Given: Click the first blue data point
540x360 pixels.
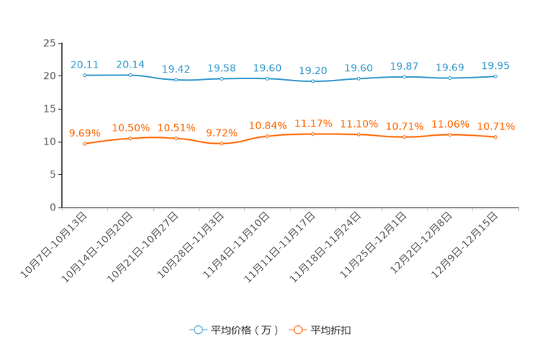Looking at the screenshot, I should coord(85,75).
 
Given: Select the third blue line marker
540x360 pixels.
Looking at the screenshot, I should coord(176,79).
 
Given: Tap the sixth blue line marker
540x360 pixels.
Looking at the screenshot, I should coord(313,81).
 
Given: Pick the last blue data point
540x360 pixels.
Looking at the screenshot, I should coord(496,75).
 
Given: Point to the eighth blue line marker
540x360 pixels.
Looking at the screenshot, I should coord(404,76).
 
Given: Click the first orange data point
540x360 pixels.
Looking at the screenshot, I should coord(85,144).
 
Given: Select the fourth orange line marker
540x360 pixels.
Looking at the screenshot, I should coord(222,144).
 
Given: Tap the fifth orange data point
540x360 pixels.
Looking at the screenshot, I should coord(268,136).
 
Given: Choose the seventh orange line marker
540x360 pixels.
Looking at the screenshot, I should coord(359,134).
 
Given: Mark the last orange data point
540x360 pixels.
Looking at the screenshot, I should coord(496,136).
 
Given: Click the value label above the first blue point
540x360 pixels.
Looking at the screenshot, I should coord(84,65).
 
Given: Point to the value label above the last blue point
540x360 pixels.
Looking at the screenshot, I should coord(496,65).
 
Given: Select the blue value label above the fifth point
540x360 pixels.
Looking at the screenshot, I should coord(267,67).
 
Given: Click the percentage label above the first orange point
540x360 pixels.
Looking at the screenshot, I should coord(84,133).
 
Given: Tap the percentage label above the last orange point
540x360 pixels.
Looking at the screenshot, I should coord(496,126).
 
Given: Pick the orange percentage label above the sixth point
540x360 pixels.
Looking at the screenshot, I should coord(313,123).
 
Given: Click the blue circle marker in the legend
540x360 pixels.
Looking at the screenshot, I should coord(197,330).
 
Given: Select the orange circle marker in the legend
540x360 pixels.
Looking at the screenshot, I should coord(297,330).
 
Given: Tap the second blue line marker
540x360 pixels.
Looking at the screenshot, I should coord(131,75).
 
